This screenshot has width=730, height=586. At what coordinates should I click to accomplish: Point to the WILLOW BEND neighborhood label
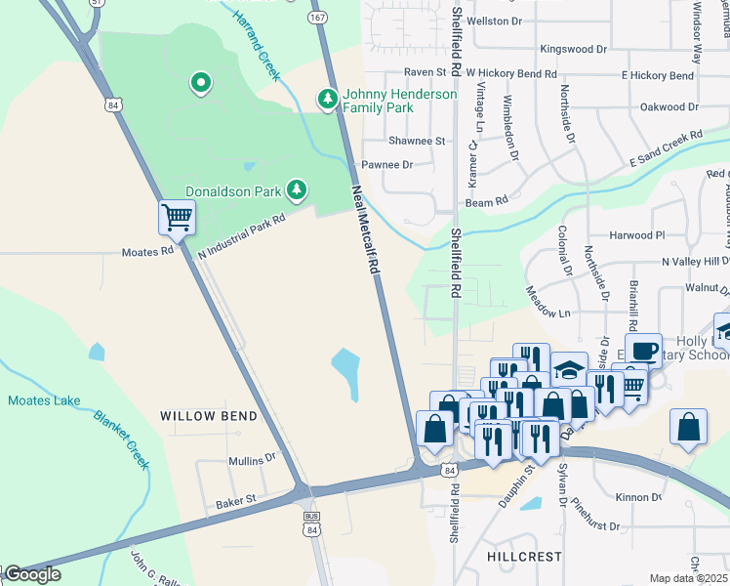pyautogui.click(x=209, y=416)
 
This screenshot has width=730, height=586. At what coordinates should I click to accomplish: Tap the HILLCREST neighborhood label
pyautogui.click(x=524, y=556)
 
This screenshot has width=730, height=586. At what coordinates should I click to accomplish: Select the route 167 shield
pyautogui.click(x=317, y=18)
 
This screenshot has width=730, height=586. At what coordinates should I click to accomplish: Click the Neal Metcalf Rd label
pyautogui.click(x=365, y=235)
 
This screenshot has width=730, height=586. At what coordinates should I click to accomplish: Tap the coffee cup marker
pyautogui.click(x=643, y=350)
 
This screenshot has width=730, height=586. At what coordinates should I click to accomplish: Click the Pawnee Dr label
pyautogui.click(x=387, y=165)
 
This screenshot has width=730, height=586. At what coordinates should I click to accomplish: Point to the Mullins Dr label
pyautogui.click(x=253, y=460)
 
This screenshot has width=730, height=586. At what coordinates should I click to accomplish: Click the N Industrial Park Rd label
pyautogui.click(x=241, y=235)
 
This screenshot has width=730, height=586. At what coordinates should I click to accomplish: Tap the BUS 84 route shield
pyautogui.click(x=311, y=523)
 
